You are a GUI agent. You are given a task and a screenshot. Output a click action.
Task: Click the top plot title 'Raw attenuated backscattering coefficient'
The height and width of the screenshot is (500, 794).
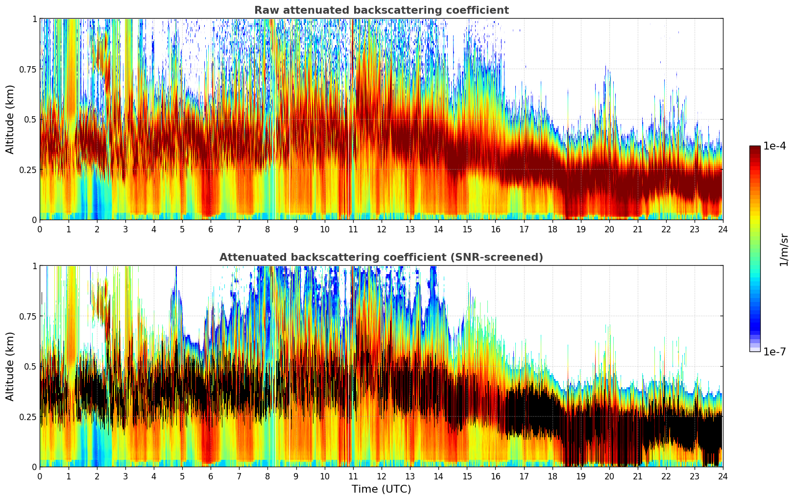[x=381, y=10]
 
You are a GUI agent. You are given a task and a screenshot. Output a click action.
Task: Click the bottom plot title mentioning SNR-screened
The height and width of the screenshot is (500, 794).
[x=381, y=257]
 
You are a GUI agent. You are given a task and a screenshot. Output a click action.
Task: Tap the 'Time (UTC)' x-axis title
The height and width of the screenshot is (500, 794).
[x=381, y=489]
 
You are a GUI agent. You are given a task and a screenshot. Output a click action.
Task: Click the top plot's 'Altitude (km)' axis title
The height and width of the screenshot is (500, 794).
[x=10, y=119]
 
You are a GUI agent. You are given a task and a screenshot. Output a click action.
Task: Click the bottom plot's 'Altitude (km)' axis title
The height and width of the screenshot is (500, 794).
[x=10, y=366]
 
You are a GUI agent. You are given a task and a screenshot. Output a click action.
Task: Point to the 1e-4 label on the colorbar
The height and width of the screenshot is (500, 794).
[x=774, y=146]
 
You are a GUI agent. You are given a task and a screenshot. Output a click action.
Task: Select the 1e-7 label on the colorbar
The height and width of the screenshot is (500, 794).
[x=774, y=351]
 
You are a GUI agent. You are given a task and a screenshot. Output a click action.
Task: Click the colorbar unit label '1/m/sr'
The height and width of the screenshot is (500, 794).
[x=784, y=250]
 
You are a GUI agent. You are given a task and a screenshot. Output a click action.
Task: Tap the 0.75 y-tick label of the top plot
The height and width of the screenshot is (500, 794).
[x=27, y=69]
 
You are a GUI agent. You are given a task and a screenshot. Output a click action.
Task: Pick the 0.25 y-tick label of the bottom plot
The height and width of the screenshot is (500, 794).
[x=27, y=417]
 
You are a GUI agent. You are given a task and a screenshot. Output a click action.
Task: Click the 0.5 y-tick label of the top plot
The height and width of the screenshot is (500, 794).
[x=30, y=119]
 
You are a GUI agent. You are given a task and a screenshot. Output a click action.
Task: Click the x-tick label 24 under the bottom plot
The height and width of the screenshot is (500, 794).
[x=722, y=476]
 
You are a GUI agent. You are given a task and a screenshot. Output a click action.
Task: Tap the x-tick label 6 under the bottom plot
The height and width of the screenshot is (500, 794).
[x=211, y=476]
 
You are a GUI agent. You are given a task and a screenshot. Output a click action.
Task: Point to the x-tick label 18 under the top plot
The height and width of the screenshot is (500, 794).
[x=552, y=229]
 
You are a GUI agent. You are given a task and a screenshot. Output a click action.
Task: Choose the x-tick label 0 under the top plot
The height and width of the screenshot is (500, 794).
[x=40, y=229]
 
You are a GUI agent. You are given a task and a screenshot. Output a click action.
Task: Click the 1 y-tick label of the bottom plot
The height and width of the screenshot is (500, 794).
[x=34, y=266]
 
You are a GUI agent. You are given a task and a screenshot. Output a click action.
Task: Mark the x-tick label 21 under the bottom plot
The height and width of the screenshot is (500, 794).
[x=637, y=476]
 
